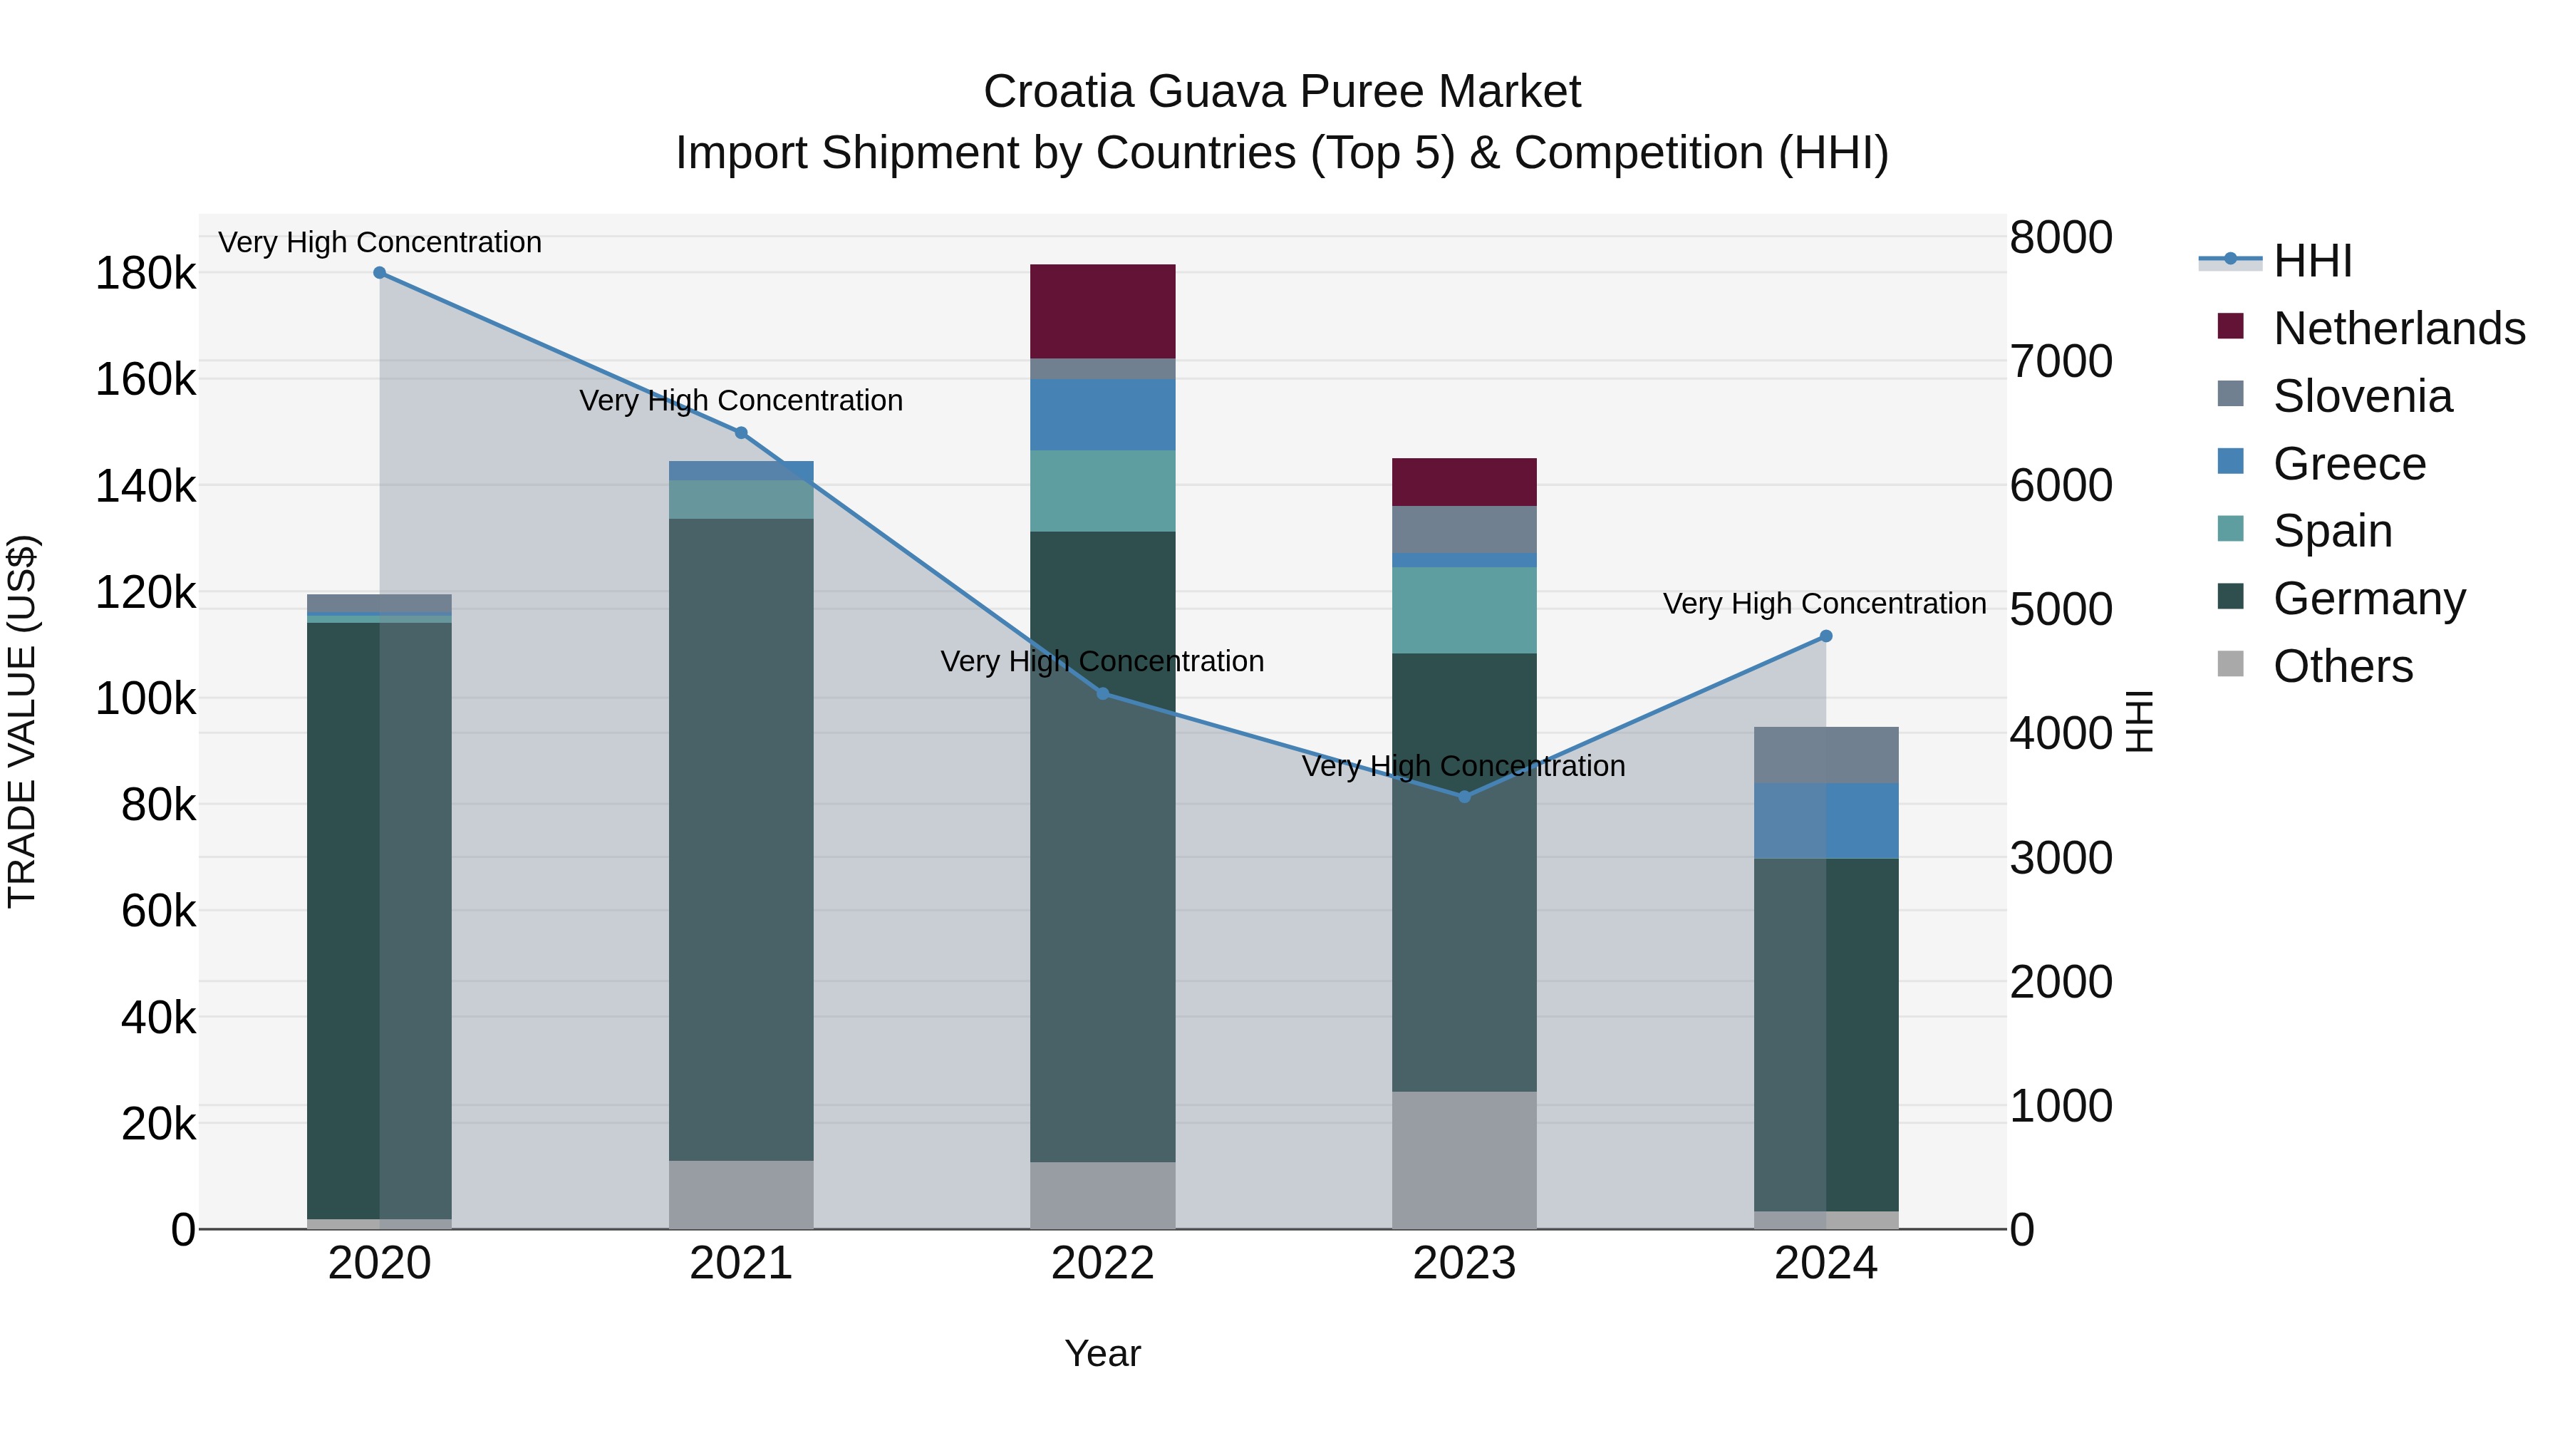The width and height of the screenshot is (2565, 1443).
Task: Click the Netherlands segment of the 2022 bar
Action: click(x=1102, y=311)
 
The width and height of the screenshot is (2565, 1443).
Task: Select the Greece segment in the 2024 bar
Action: click(x=1825, y=821)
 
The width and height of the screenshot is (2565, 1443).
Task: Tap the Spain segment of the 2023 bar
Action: click(x=1463, y=609)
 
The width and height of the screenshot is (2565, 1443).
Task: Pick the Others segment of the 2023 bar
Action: click(x=1463, y=1159)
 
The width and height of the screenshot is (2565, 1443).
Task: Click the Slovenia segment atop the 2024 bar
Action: click(x=1825, y=755)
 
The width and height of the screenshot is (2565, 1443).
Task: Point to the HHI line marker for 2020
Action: click(x=379, y=273)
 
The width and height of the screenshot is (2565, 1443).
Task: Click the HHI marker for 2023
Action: click(x=1463, y=797)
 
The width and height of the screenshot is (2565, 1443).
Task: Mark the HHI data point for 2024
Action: click(x=1825, y=636)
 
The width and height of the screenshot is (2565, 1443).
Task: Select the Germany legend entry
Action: click(x=2369, y=599)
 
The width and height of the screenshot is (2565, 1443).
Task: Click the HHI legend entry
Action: click(x=2312, y=261)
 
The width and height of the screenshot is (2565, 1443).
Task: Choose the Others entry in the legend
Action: click(x=2342, y=666)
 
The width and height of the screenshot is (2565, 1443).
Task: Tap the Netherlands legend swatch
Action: click(x=2230, y=326)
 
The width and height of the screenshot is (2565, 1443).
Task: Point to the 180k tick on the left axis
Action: click(x=145, y=274)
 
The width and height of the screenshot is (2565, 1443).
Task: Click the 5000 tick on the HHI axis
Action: click(x=2060, y=609)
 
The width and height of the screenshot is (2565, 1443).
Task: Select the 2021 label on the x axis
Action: click(x=741, y=1263)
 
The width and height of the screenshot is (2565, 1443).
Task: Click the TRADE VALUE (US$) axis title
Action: click(x=22, y=721)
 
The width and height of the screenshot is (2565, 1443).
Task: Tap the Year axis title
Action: click(x=1102, y=1353)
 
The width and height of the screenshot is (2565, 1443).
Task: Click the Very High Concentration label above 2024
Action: click(x=1824, y=604)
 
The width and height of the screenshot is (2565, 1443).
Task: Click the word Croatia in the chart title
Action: click(x=1059, y=92)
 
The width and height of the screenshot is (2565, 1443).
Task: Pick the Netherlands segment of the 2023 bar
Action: click(x=1463, y=482)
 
